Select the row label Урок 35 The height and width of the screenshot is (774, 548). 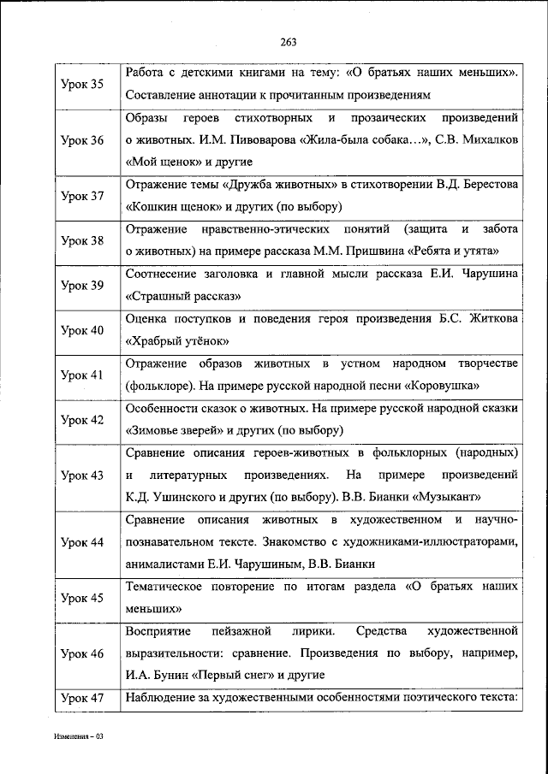[83, 84]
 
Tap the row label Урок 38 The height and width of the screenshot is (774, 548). [83, 240]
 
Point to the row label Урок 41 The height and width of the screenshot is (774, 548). [83, 375]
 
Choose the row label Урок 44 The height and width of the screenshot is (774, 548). [83, 542]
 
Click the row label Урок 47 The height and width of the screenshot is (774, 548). [83, 699]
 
